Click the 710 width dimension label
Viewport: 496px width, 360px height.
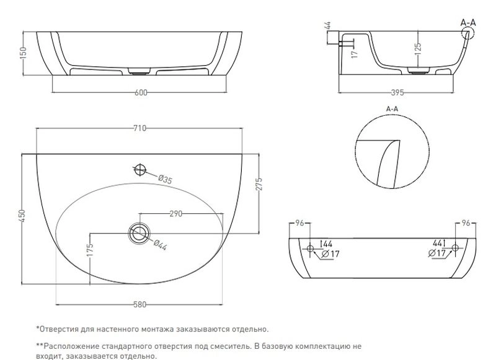(x=140, y=128)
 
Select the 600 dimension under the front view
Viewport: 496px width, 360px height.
(x=141, y=92)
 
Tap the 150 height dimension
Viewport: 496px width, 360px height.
(x=24, y=53)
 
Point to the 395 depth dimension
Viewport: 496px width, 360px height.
(x=397, y=92)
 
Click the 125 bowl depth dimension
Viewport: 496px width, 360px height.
(x=418, y=49)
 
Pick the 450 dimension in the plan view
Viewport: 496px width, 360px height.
(x=22, y=216)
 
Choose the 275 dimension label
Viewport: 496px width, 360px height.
(x=259, y=185)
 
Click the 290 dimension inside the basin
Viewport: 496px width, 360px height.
(x=176, y=214)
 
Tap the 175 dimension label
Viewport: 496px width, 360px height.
(x=90, y=250)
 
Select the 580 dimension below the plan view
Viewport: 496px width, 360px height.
(x=140, y=304)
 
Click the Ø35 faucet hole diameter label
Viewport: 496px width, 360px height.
(x=165, y=180)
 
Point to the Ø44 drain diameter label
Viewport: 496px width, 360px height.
(x=161, y=245)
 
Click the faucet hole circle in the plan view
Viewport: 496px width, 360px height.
(x=140, y=170)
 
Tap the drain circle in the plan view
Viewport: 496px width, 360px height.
(x=138, y=233)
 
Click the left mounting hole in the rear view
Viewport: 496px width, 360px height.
(x=311, y=248)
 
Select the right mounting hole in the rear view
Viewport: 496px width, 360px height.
(x=455, y=248)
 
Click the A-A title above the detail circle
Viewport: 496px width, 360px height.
(x=392, y=109)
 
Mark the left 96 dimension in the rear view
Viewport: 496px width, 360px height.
(x=299, y=223)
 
